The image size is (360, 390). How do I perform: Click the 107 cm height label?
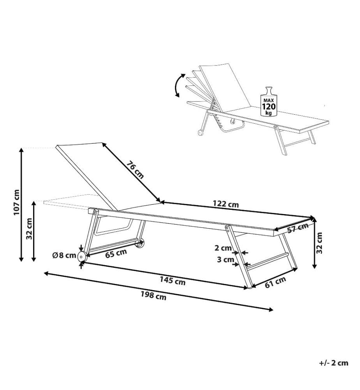point(16,202)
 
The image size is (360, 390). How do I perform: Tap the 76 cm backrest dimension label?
point(135,170)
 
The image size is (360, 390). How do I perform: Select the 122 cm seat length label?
point(226,204)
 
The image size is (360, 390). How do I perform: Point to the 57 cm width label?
point(298,228)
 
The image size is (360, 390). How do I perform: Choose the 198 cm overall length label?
point(154,296)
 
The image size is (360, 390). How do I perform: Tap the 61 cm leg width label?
point(275,282)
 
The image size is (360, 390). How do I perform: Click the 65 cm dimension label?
point(116,253)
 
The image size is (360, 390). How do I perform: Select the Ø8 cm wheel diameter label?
point(64,255)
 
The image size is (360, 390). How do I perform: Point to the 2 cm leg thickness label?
point(223,248)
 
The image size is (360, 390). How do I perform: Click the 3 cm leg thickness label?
point(225,260)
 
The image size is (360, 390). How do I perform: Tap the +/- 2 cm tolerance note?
point(334,363)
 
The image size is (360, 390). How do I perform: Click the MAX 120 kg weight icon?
point(268,102)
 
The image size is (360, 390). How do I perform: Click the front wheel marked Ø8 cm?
point(81,257)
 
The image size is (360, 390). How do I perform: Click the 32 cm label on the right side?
point(319,243)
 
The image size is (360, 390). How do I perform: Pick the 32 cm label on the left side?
point(29,229)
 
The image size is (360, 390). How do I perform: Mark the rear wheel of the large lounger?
point(139,243)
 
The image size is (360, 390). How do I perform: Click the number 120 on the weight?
point(268,107)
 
